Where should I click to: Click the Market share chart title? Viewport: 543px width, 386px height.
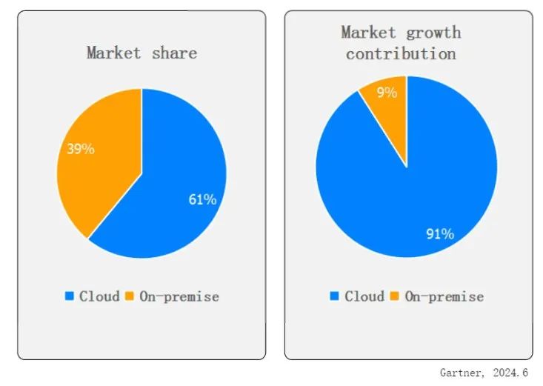click(141, 53)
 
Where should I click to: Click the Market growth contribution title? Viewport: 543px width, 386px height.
click(401, 43)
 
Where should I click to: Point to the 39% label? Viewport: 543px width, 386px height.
click(81, 149)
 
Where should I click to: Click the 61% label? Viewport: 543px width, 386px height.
click(201, 199)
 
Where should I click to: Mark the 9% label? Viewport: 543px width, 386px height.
click(387, 93)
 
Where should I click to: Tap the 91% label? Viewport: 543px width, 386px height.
click(439, 234)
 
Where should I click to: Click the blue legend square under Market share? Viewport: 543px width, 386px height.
click(70, 296)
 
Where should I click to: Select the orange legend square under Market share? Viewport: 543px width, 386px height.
click(129, 296)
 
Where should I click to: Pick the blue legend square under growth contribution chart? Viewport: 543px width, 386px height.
click(335, 296)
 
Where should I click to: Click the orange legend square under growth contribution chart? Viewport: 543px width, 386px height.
click(394, 296)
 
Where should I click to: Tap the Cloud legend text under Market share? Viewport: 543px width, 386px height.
click(99, 296)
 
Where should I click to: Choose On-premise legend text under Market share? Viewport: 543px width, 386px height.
click(178, 296)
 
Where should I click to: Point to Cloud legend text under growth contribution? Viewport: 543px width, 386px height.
click(364, 296)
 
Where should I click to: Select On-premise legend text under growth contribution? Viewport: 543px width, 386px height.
click(443, 296)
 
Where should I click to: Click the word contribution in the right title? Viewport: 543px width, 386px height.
click(401, 54)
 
